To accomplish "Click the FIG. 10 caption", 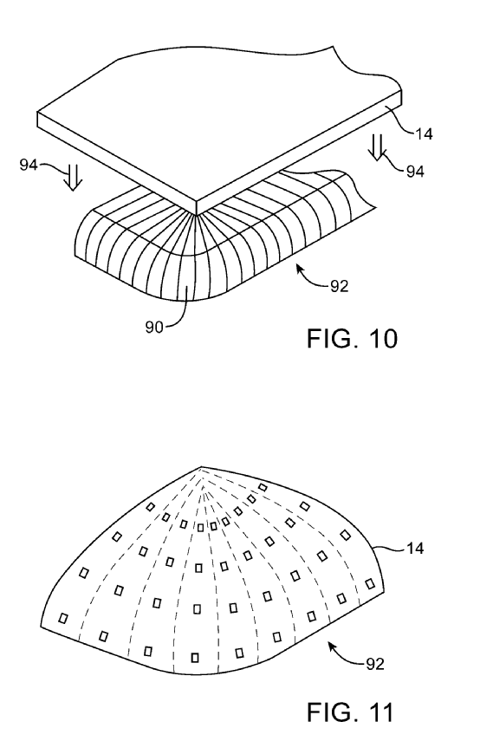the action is pos(352,339).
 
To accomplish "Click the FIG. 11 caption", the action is pos(350,712).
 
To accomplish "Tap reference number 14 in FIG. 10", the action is pos(423,133).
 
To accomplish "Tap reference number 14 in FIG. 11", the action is pos(414,549).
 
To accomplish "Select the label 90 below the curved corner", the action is pos(154,328).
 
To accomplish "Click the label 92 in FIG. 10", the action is pos(339,287).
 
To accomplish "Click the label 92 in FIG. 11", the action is pos(375,664).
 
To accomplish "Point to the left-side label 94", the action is pos(29,165).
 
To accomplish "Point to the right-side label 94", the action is pos(415,171).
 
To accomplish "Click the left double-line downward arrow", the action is pos(73,178).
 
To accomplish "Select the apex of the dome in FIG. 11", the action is pos(200,467).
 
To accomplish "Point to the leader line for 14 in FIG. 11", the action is pos(389,546).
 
